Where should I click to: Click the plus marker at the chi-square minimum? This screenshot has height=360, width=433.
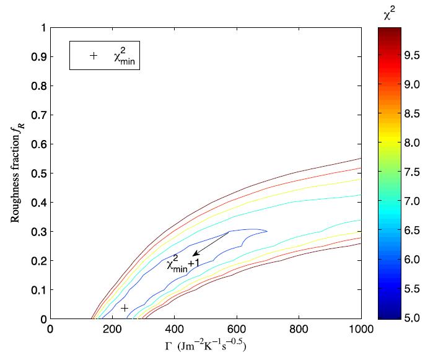click(125, 308)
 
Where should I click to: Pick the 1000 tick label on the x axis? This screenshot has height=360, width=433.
click(361, 330)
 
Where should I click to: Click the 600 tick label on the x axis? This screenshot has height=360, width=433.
click(299, 330)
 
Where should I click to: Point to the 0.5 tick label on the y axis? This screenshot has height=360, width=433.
click(37, 173)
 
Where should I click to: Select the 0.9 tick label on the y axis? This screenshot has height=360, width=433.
click(37, 56)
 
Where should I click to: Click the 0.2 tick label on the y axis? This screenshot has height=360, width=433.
click(37, 260)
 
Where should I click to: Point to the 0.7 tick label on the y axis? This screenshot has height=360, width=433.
click(37, 115)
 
